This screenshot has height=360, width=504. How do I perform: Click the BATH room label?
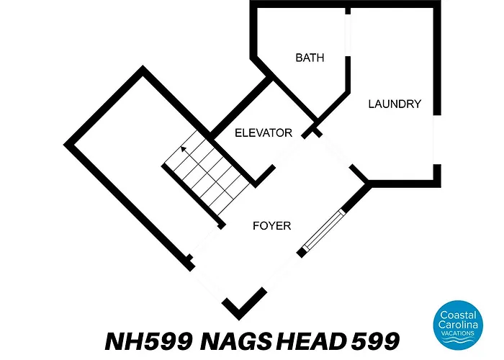pyautogui.click(x=310, y=58)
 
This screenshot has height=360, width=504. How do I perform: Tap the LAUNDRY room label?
pyautogui.click(x=395, y=104)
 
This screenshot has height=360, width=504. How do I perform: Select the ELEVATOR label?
pyautogui.click(x=264, y=132)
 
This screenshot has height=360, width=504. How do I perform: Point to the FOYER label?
pyautogui.click(x=271, y=225)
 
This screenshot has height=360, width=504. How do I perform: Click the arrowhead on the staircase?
pyautogui.click(x=184, y=149)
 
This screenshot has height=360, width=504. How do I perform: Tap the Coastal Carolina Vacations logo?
pyautogui.click(x=458, y=325)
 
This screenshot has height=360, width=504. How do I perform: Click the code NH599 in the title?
pyautogui.click(x=149, y=341)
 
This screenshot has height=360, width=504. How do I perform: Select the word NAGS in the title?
pyautogui.click(x=235, y=341)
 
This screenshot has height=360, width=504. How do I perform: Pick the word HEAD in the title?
pyautogui.click(x=310, y=341)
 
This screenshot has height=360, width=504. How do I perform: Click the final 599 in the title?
pyautogui.click(x=376, y=341)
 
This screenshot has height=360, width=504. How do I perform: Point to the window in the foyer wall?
pyautogui.click(x=323, y=230)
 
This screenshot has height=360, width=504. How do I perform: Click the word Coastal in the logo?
pyautogui.click(x=458, y=315)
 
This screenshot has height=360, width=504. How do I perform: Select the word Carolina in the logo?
pyautogui.click(x=458, y=325)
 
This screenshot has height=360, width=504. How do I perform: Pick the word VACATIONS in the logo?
pyautogui.click(x=458, y=333)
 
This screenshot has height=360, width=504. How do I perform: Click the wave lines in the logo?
pyautogui.click(x=458, y=341)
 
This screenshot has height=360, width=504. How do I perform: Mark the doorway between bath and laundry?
pyautogui.click(x=348, y=35)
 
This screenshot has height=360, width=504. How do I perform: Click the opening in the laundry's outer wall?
pyautogui.click(x=437, y=140)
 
